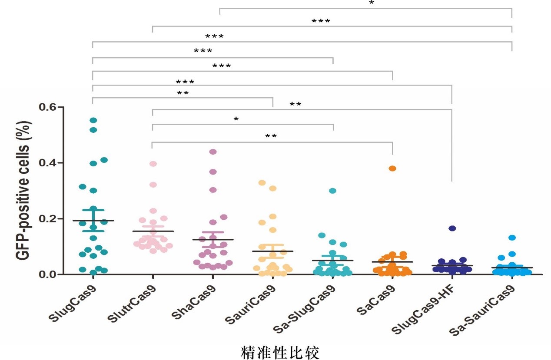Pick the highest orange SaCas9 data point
click(x=392, y=168)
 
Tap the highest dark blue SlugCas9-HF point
click(x=452, y=228)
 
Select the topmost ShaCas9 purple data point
click(x=213, y=152)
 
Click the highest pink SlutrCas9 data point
click(x=153, y=164)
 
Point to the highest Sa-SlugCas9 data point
click(x=333, y=191)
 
